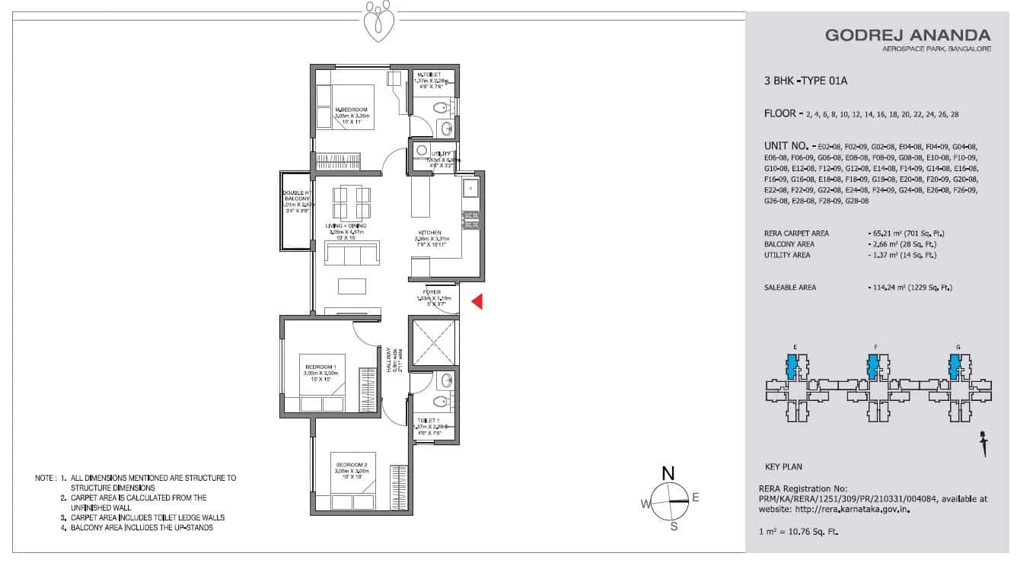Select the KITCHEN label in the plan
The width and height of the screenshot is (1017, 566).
429,233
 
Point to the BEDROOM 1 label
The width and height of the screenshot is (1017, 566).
320,367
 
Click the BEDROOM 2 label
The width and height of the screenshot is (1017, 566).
349,465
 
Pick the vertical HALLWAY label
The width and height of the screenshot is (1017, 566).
388,359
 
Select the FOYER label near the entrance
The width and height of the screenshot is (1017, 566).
432,292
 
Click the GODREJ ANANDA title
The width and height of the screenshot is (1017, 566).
907,35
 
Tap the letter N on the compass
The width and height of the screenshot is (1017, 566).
668,473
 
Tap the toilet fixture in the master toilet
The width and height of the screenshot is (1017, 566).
439,109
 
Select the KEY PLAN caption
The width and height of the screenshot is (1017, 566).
783,466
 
